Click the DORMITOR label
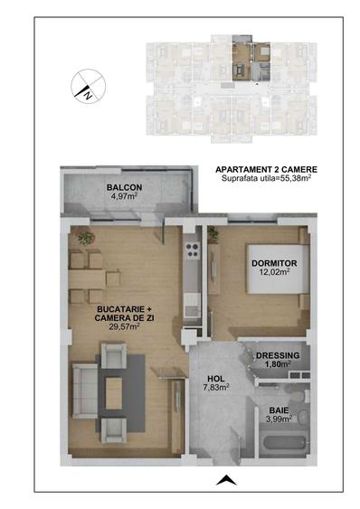(x=274, y=263)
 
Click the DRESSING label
(x=278, y=355)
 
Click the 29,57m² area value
(x=124, y=326)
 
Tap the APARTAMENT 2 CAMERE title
(x=267, y=169)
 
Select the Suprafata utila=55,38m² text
(x=267, y=179)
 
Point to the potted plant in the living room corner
(x=86, y=239)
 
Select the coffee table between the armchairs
(x=115, y=391)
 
